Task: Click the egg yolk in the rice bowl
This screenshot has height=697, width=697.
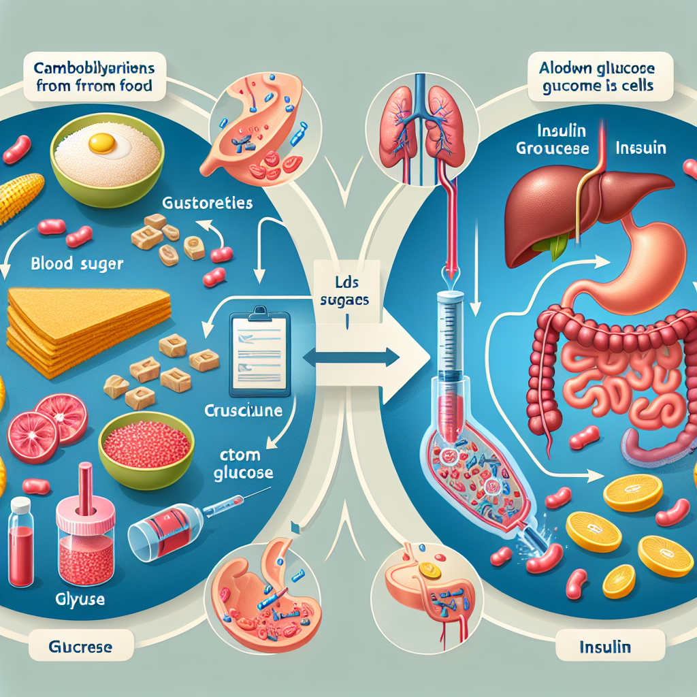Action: click(103, 142)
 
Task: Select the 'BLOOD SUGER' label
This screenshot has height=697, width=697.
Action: click(77, 263)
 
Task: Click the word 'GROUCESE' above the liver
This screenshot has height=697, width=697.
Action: click(551, 148)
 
